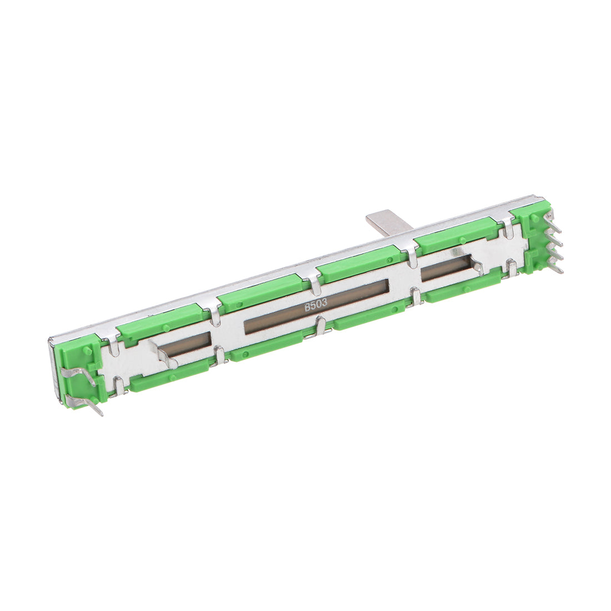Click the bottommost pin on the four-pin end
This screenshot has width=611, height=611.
click(555, 267)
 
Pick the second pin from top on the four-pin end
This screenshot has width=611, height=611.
click(555, 238)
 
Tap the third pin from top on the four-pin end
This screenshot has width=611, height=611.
click(555, 253)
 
